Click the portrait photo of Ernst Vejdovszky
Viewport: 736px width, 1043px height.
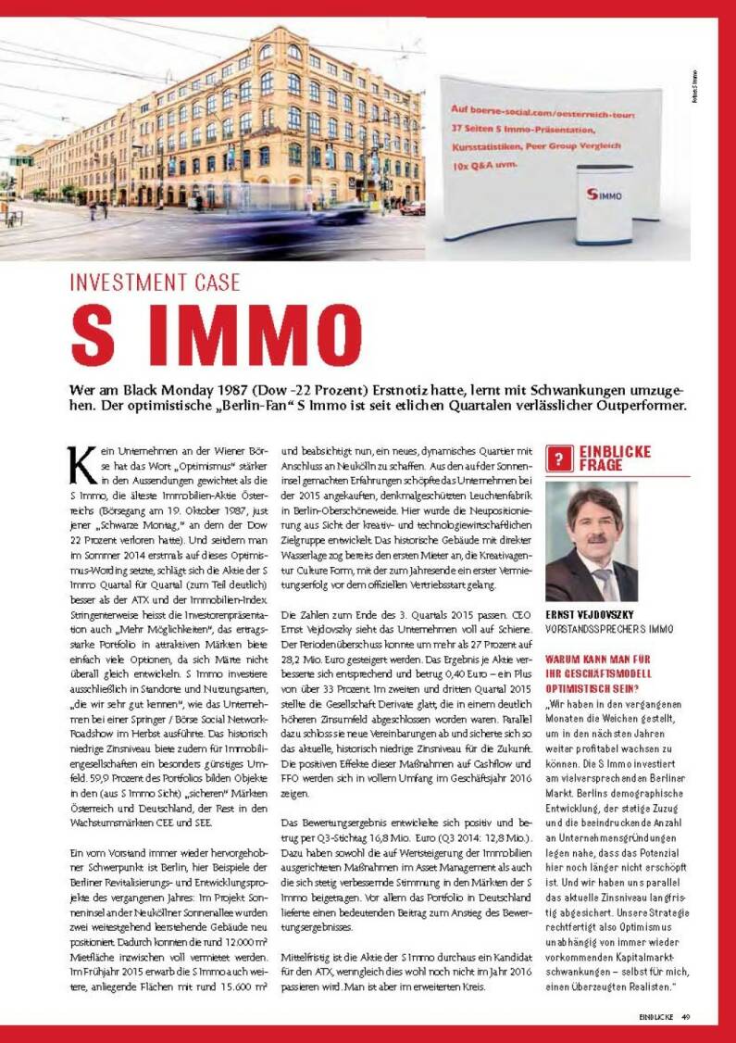coord(592,541)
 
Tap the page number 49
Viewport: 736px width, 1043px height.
coord(686,1016)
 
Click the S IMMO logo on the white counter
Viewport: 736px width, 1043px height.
coord(604,196)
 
